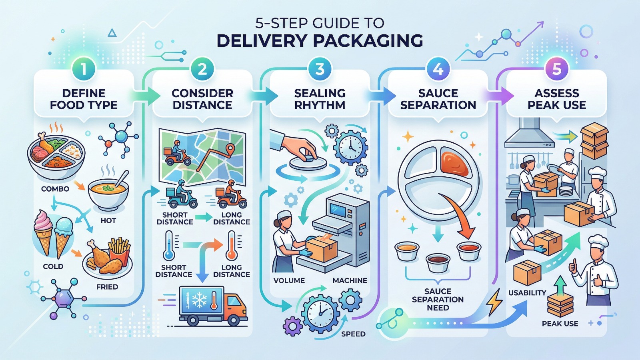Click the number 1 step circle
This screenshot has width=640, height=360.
click(84, 69)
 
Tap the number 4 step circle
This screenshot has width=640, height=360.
click(438, 69)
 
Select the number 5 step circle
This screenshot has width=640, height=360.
click(556, 69)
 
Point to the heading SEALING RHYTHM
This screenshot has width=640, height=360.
click(320, 99)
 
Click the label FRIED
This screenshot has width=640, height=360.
click(107, 287)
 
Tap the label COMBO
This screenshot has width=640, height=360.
click(55, 189)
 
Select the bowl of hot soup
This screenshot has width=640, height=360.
click(108, 192)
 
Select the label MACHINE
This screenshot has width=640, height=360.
click(350, 280)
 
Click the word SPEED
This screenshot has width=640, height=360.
click(353, 334)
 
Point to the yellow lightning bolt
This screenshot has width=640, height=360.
click(494, 302)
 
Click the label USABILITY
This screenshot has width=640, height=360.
click(527, 293)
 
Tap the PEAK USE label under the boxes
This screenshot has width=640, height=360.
click(560, 324)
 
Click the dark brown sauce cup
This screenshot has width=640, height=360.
click(438, 262)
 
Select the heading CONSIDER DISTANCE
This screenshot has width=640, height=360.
click(202, 99)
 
